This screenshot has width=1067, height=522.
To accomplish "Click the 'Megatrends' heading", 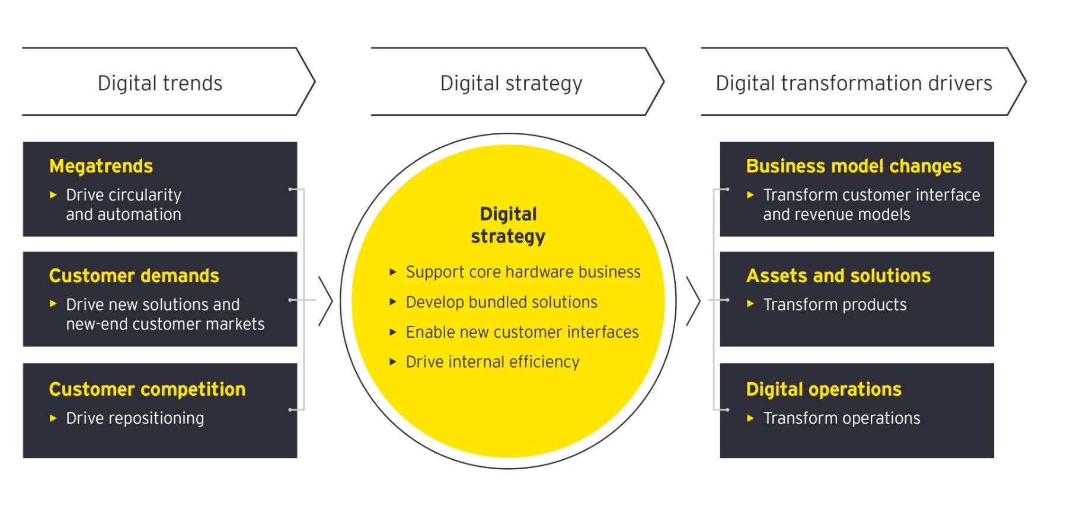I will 101,166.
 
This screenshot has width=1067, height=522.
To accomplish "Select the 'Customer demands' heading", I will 134,276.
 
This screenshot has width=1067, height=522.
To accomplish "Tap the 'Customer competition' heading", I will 147,389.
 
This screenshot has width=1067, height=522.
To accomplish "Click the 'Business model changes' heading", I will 854,166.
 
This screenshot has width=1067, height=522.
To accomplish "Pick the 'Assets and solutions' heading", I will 838,276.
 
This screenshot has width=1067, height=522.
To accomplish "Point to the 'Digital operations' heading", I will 823,389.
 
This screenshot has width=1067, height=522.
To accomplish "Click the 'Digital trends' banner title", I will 160,84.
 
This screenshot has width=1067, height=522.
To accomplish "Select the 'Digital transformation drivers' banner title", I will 854,84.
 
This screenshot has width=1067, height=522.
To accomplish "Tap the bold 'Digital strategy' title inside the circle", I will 508,225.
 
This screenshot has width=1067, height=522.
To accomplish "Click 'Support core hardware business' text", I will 523,272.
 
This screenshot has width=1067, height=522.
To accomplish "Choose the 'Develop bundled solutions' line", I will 501,302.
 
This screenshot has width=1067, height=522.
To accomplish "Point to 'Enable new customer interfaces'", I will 522,332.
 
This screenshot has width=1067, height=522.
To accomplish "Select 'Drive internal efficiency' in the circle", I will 493,362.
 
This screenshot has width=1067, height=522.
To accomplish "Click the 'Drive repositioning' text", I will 135,418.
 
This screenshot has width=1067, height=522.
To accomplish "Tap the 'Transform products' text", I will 835,305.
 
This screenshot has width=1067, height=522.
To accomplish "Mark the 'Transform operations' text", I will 842,418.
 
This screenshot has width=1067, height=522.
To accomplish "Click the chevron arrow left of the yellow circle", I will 325,301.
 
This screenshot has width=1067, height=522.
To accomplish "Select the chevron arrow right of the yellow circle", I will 693,301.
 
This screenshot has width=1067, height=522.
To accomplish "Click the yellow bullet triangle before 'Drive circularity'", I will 53,194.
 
